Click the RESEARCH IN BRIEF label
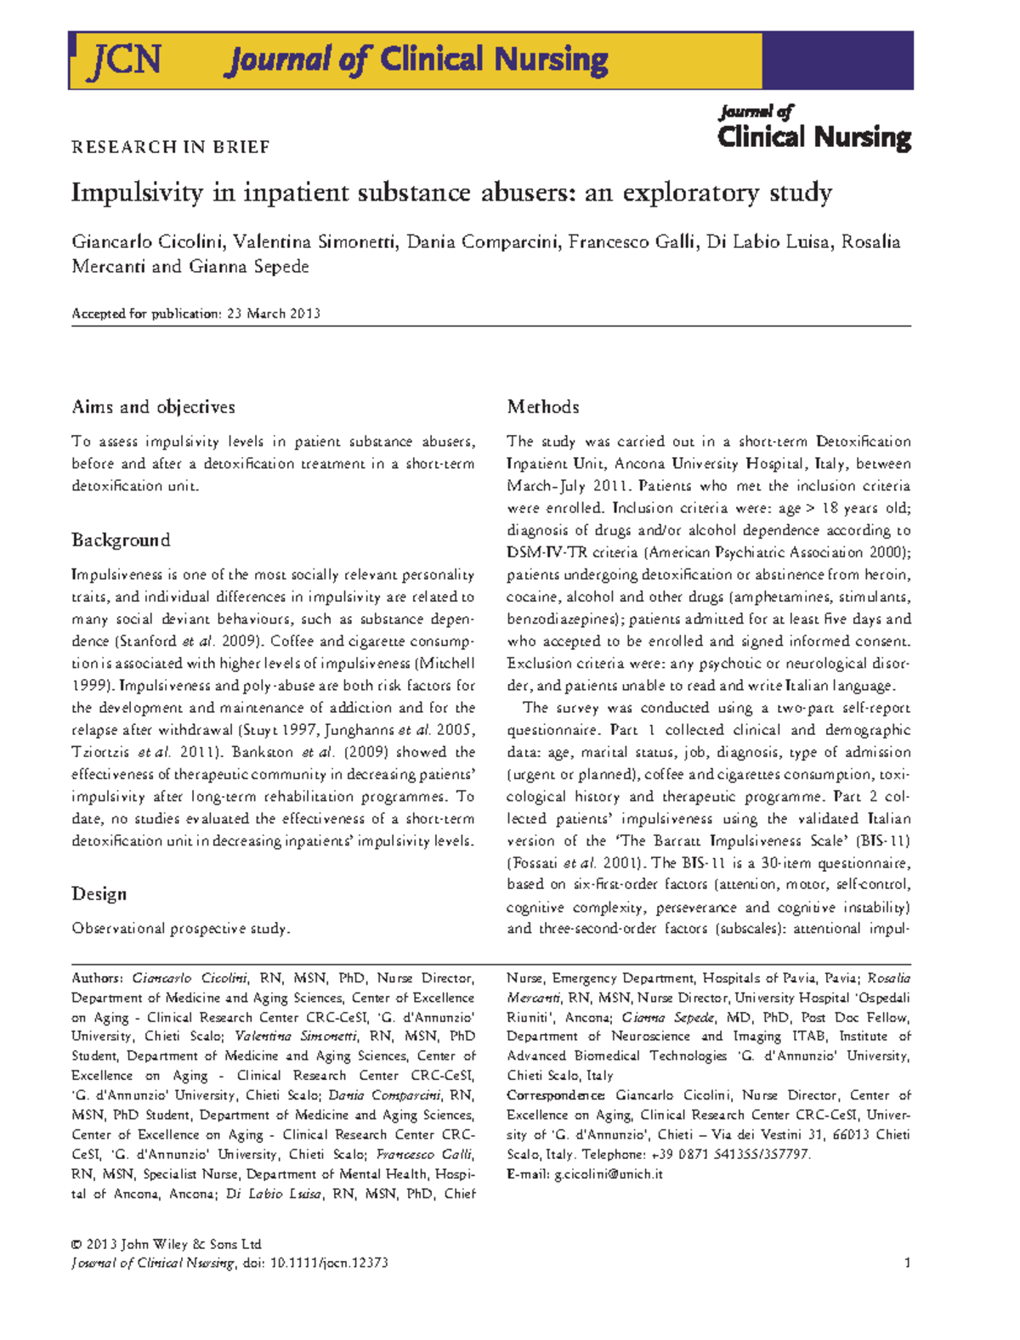(x=170, y=147)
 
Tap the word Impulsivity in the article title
(x=137, y=193)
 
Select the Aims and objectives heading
(x=153, y=407)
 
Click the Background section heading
(x=121, y=540)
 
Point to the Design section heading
(x=99, y=894)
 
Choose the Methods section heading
(x=543, y=407)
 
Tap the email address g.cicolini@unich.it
(x=608, y=1174)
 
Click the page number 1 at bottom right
(x=907, y=1263)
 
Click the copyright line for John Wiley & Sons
(x=167, y=1244)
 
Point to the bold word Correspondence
(x=556, y=1096)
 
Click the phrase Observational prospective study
(x=180, y=929)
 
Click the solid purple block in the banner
(x=836, y=60)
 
